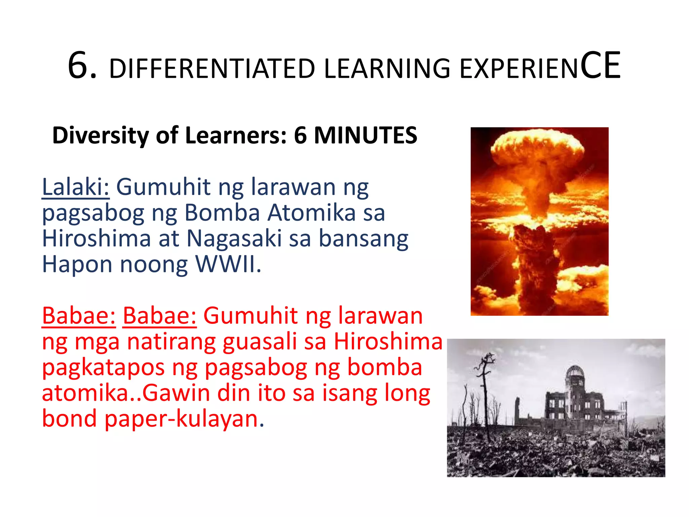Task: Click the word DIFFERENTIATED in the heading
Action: [x=212, y=69]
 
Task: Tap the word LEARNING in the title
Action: [x=387, y=69]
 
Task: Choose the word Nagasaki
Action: [x=234, y=238]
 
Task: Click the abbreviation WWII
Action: [x=228, y=264]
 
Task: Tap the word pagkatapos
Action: [x=103, y=368]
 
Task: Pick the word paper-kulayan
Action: [x=184, y=419]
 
